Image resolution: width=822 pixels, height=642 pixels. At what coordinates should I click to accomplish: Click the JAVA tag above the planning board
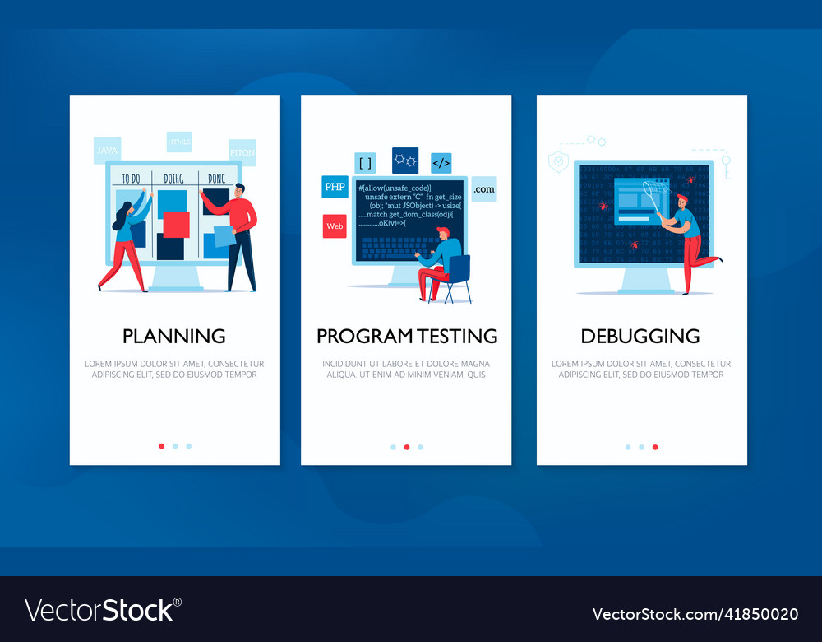107,151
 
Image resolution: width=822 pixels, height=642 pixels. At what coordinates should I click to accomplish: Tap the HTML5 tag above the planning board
179,142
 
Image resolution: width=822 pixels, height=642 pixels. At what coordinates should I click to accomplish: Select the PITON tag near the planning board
242,152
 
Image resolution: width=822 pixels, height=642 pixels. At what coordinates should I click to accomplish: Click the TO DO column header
132,179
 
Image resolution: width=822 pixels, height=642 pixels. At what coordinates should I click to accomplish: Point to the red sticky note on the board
176,225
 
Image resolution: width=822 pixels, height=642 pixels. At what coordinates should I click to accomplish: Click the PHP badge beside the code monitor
335,187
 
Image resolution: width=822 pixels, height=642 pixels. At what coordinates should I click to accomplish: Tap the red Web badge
335,226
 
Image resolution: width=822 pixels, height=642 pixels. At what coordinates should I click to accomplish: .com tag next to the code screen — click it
484,189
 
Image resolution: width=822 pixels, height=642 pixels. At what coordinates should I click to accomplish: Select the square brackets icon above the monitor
365,163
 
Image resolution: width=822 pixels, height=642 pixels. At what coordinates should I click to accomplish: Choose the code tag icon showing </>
441,163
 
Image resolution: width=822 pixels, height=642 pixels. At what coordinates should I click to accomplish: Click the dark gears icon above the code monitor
405,160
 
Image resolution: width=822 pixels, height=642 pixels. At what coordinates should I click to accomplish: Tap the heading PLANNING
174,336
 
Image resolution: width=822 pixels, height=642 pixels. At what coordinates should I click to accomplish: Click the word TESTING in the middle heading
457,336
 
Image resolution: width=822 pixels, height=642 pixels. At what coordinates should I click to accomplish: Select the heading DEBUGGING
640,336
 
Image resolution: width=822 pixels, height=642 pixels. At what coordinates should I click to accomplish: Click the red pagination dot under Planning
161,446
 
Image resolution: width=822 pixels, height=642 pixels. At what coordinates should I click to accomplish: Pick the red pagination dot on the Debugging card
655,447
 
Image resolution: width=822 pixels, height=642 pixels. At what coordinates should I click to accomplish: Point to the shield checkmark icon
559,161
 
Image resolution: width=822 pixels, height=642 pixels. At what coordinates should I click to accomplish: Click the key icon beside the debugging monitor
726,165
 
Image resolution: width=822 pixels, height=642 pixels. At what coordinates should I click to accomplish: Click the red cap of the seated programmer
442,231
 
